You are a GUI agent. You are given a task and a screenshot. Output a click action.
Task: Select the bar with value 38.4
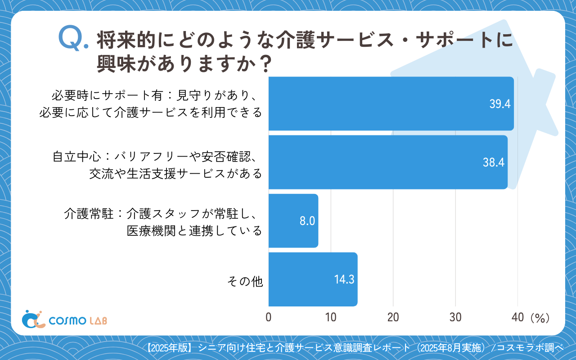pyautogui.click(x=387, y=162)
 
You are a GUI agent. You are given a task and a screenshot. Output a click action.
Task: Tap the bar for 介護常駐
pyautogui.click(x=293, y=221)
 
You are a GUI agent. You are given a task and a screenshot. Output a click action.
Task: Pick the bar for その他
pyautogui.click(x=313, y=279)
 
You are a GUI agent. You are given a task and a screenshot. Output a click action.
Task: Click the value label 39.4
pyautogui.click(x=499, y=104)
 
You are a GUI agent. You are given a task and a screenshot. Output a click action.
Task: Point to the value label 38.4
pyautogui.click(x=494, y=162)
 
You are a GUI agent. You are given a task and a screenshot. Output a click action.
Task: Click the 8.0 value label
pyautogui.click(x=307, y=221)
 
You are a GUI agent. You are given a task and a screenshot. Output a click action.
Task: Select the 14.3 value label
pyautogui.click(x=344, y=279)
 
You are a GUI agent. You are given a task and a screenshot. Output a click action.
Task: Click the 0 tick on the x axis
pyautogui.click(x=269, y=317)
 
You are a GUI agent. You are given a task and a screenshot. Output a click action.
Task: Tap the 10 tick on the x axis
pyautogui.click(x=331, y=317)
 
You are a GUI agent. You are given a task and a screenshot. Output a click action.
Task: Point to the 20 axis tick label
pyautogui.click(x=393, y=317)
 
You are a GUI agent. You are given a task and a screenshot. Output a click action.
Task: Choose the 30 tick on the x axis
pyautogui.click(x=455, y=317)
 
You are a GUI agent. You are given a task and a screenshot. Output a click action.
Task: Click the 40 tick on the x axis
pyautogui.click(x=517, y=317)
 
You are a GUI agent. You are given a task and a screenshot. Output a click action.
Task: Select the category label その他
pyautogui.click(x=245, y=282)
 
